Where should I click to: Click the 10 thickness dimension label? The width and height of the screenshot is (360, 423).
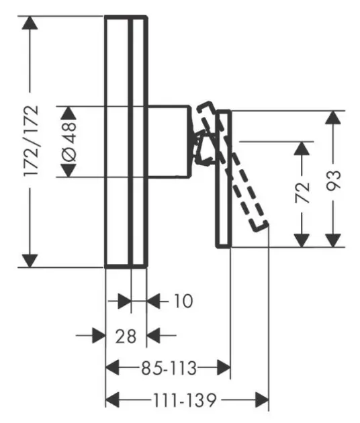pyautogui.click(x=179, y=301)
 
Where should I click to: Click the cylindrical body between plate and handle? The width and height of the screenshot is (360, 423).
pyautogui.click(x=168, y=141)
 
